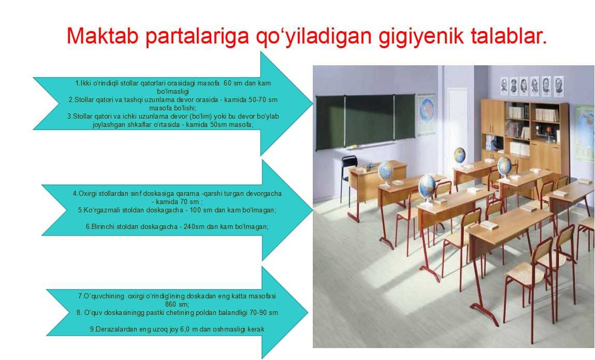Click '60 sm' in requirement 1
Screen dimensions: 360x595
pos(235,83)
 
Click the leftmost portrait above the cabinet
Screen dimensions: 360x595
pos(504,85)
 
